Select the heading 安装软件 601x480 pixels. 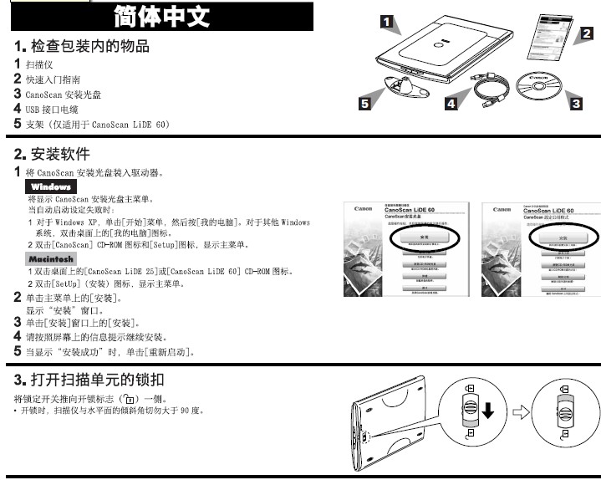[59, 154]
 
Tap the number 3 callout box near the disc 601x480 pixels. [575, 105]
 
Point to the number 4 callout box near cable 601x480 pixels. [451, 105]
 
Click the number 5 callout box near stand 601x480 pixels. [364, 105]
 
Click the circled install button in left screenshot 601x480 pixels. [424, 237]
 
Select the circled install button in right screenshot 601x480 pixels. [562, 237]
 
